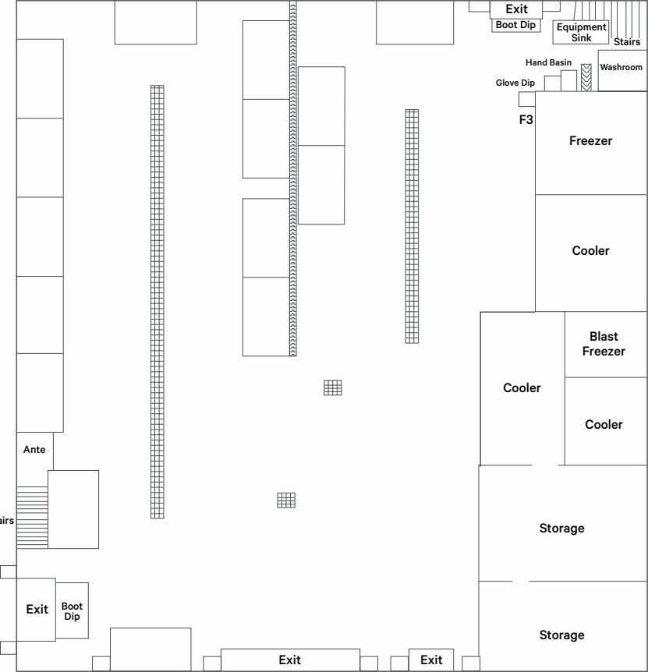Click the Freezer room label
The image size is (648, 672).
coord(590,141)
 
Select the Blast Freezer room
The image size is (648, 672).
coord(604,344)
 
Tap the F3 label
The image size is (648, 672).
coord(526,120)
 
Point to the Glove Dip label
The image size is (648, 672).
coord(515,83)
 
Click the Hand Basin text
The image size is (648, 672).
coord(548,62)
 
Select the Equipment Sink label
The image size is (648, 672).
coord(581,33)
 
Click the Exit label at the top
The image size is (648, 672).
coord(516,9)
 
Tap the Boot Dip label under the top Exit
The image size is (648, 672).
coord(516,25)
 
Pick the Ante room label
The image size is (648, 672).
coord(34,450)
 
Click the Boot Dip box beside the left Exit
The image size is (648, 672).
coord(72,610)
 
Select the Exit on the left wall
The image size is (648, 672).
coord(37,610)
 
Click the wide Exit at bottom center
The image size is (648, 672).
coord(290,660)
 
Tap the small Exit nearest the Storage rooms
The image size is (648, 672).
coord(431,660)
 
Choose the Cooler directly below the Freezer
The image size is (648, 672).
coord(590,251)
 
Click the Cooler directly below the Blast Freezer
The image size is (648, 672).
coord(604,425)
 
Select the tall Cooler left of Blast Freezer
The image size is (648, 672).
coord(522,388)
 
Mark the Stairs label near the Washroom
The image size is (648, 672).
coord(627,42)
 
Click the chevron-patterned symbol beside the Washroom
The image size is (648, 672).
coord(586,77)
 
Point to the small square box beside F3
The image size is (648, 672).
coord(526,99)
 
